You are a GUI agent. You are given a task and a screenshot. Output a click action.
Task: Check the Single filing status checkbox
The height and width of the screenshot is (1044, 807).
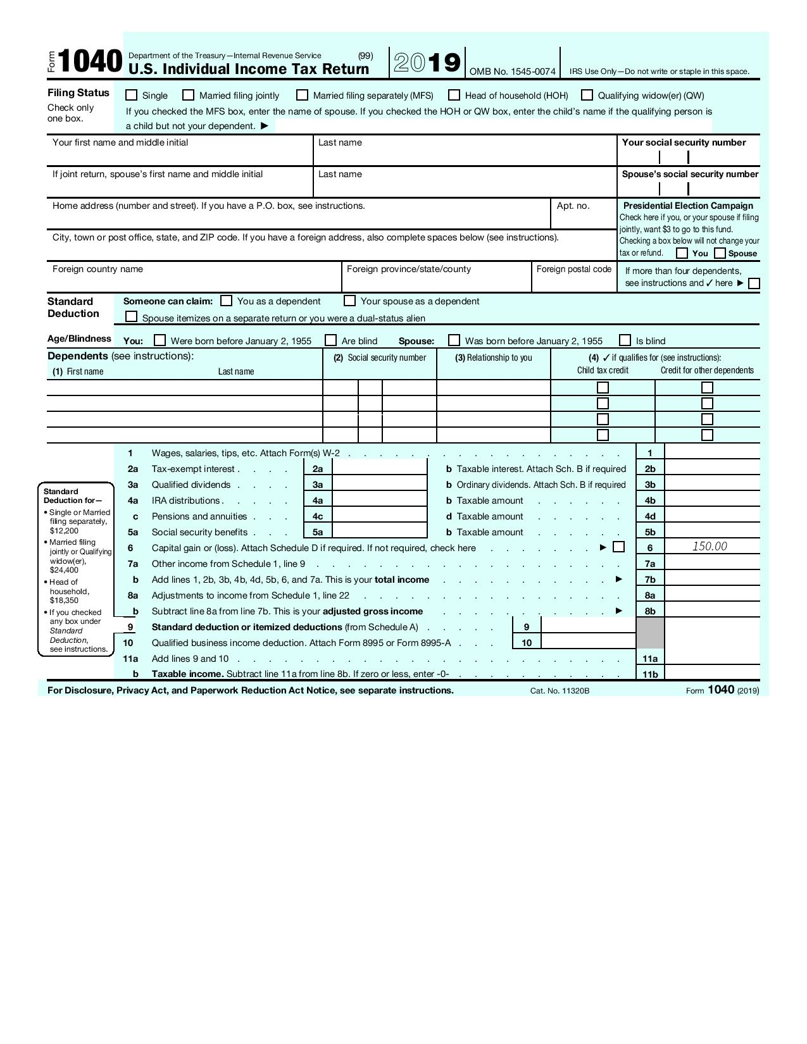click(131, 96)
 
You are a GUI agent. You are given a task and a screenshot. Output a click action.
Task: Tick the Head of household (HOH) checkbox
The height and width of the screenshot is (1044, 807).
click(454, 96)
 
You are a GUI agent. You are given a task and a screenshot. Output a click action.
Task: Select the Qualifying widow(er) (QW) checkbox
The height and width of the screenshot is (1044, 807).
click(587, 96)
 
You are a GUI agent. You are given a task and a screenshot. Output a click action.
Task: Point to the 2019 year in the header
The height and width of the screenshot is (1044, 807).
click(427, 63)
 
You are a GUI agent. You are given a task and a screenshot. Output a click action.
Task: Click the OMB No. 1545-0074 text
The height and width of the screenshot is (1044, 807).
click(512, 71)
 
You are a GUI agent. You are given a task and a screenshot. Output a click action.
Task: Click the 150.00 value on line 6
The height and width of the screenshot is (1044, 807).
click(710, 546)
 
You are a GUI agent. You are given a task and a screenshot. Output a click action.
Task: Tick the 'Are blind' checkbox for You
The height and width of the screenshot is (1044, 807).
click(330, 340)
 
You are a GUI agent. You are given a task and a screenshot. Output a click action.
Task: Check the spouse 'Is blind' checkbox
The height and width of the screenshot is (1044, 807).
click(625, 340)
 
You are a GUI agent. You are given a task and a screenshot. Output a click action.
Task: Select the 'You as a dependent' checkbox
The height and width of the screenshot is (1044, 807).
click(226, 301)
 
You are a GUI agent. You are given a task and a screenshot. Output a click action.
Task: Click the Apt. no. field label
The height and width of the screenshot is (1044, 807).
click(573, 206)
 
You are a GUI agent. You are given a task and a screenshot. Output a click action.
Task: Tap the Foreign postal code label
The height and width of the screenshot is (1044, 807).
click(573, 269)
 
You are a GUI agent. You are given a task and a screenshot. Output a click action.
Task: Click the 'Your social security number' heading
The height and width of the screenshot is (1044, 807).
click(684, 142)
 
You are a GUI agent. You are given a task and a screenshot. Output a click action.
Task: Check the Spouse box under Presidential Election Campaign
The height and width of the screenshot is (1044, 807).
click(720, 253)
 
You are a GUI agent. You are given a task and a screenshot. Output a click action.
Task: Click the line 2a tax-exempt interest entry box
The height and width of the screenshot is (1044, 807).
click(379, 469)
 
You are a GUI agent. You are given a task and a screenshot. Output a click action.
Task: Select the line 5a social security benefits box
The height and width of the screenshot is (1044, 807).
click(379, 532)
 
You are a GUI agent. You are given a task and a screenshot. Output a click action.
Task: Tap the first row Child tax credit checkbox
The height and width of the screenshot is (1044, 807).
click(603, 387)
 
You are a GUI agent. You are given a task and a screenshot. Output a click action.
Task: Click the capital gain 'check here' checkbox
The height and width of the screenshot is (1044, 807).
click(619, 547)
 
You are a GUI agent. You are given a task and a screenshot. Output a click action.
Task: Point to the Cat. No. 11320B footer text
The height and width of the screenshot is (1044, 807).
click(560, 690)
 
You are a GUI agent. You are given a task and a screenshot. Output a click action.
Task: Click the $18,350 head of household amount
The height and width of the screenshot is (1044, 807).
click(65, 600)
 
